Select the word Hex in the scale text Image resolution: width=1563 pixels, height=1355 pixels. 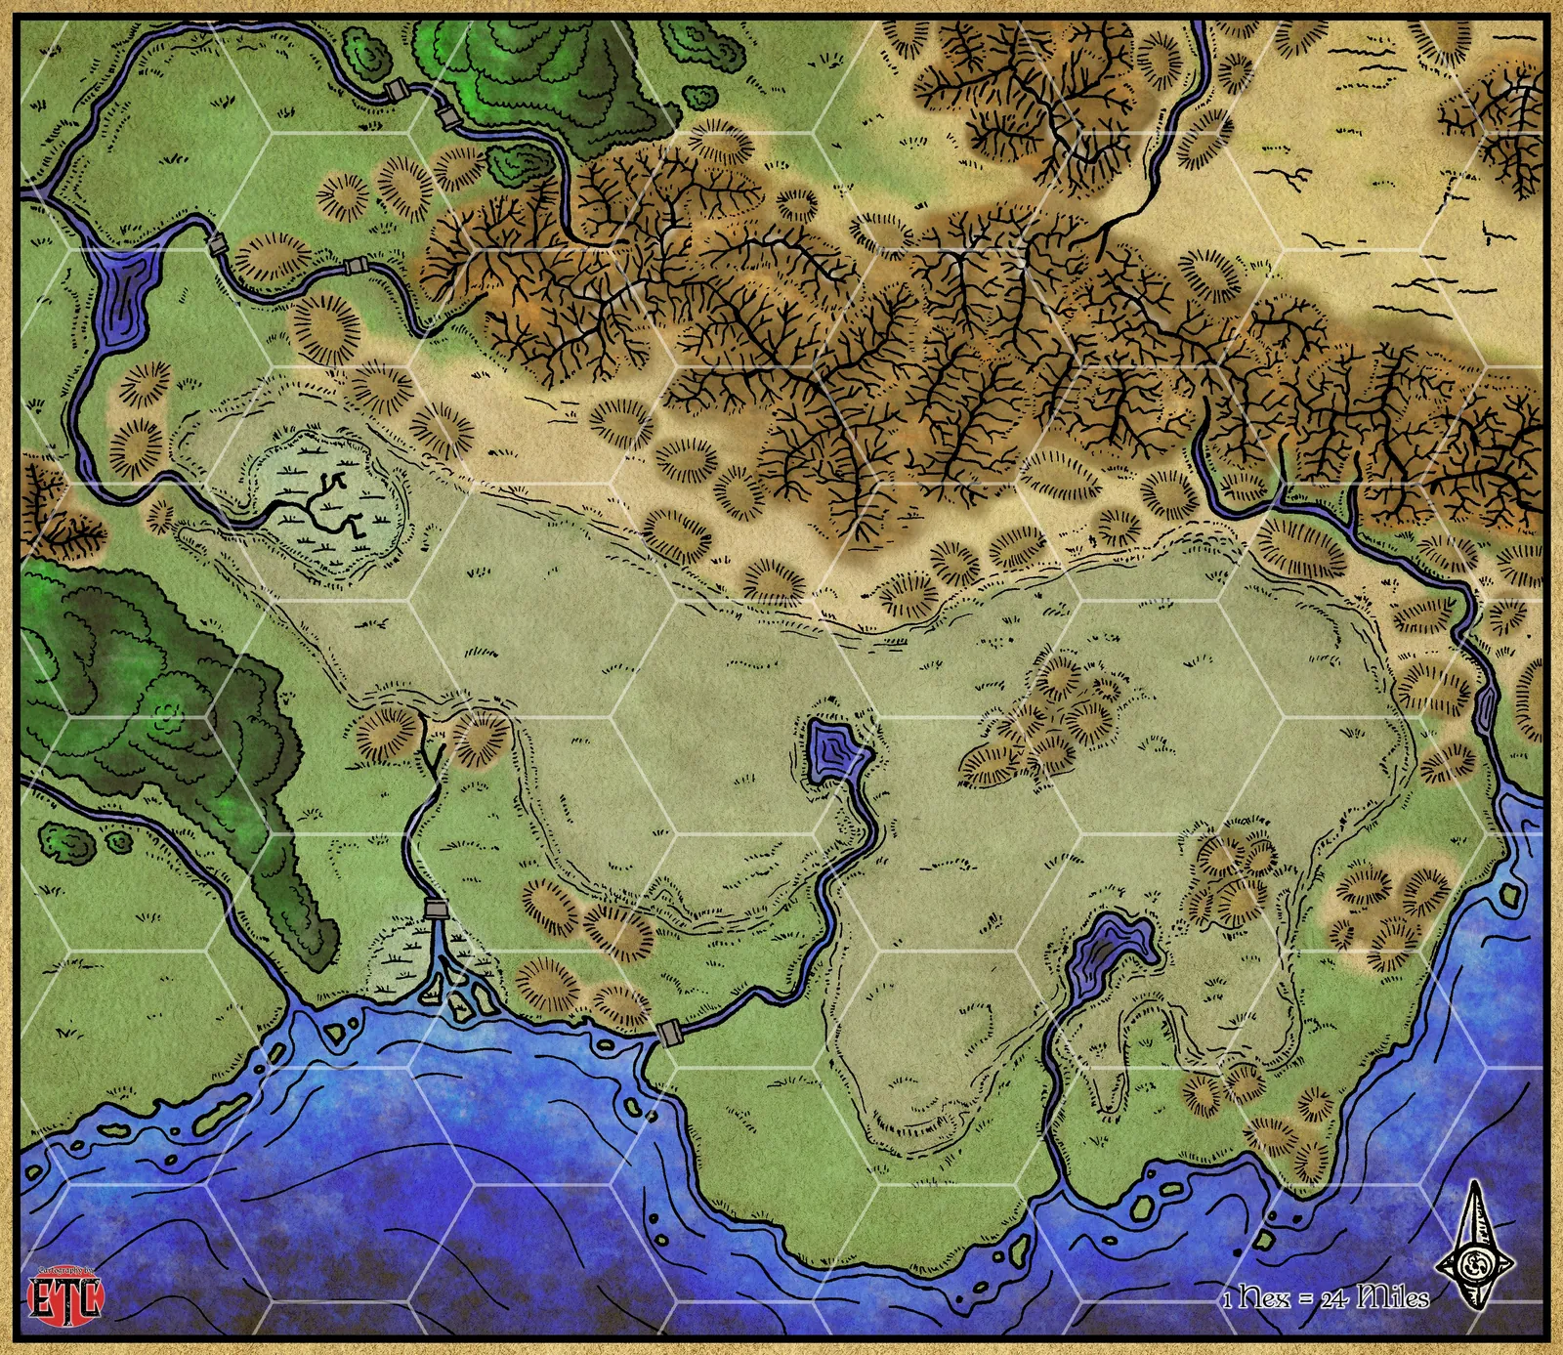[1265, 1297]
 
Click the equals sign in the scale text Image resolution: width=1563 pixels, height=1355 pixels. [1305, 1299]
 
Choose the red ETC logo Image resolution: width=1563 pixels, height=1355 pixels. [65, 1296]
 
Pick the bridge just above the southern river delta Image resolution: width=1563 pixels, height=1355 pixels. [436, 910]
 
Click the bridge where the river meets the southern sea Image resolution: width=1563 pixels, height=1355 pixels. [669, 1032]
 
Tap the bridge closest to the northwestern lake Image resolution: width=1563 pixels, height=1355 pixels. [217, 244]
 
